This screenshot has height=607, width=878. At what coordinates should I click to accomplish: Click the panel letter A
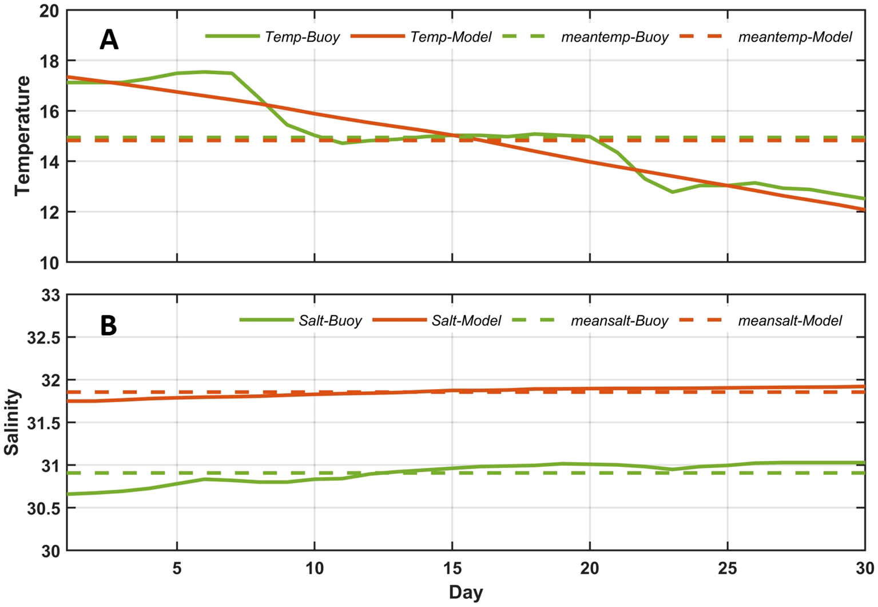109,40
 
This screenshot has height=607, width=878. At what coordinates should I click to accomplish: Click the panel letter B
108,326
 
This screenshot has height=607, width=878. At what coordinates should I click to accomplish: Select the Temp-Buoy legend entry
302,37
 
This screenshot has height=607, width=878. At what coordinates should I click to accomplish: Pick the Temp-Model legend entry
451,37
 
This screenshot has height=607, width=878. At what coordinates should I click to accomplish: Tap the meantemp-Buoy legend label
614,37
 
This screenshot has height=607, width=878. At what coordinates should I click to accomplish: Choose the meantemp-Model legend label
794,37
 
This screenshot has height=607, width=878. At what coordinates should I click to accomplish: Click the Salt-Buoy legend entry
330,321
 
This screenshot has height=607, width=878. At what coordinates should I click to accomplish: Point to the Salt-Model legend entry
466,321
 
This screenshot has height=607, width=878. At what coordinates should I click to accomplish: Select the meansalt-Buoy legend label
619,321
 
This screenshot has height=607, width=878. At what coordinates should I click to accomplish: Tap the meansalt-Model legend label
789,321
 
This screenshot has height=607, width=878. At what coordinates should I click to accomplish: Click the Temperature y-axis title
22,136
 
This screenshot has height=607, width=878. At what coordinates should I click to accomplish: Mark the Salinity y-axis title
12,423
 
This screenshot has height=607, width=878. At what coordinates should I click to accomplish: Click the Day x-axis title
466,593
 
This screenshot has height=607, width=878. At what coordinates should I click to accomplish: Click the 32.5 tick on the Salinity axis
43,338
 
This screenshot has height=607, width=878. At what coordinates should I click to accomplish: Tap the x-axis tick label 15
452,568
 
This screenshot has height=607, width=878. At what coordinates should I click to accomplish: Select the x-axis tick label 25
727,568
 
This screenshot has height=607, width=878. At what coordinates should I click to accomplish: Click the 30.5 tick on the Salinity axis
43,509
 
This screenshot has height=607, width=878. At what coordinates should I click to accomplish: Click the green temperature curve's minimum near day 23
672,192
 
